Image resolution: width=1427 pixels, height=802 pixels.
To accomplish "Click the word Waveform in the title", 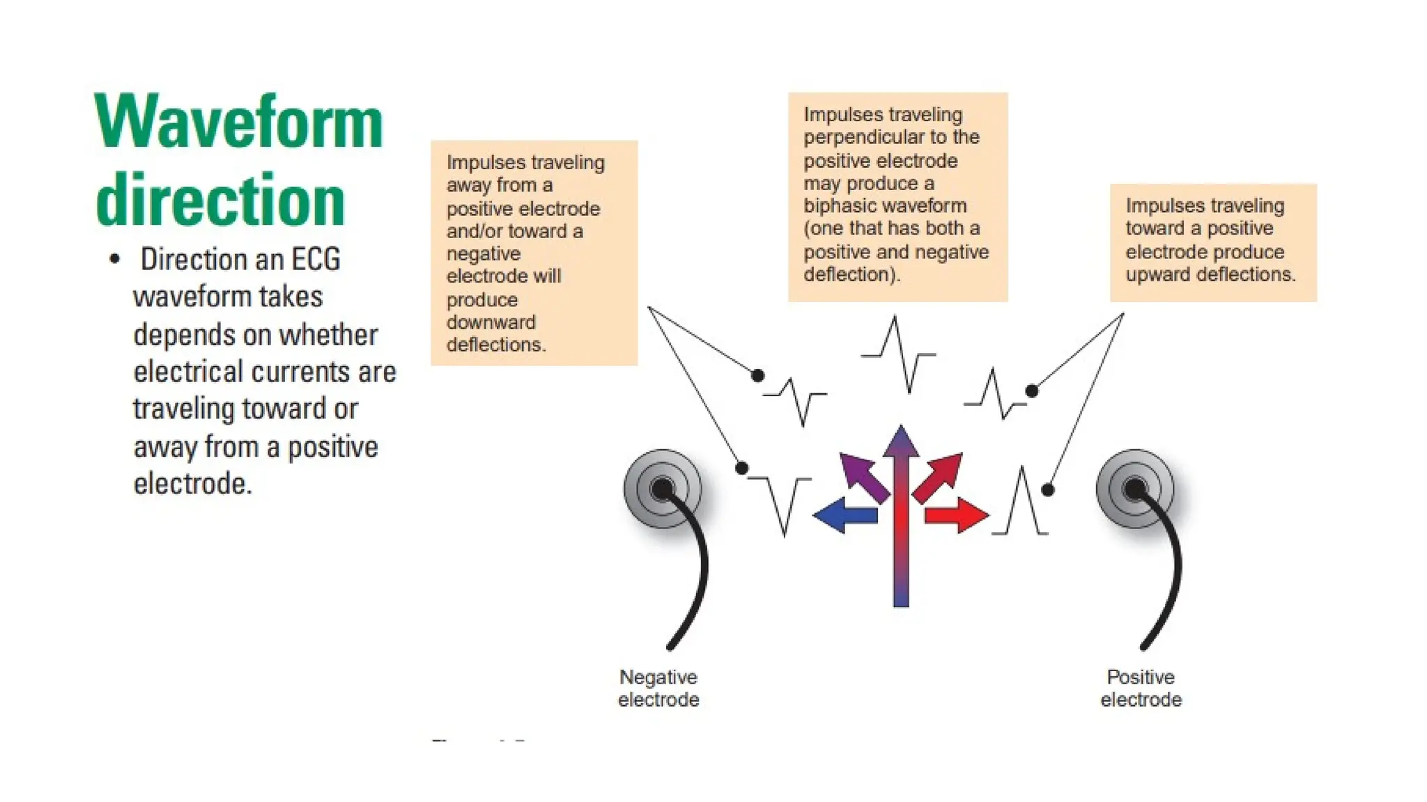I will click(238, 123).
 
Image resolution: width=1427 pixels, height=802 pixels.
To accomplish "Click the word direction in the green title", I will click(220, 200).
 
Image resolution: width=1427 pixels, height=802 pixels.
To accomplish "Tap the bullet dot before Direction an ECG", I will click(115, 260).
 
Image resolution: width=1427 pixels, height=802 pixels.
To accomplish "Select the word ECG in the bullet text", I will click(316, 260).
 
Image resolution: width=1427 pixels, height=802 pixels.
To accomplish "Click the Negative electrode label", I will click(658, 688).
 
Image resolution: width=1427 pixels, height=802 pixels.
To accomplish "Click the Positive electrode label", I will click(1141, 688).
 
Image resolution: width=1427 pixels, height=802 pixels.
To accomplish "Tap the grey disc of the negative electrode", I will click(662, 489).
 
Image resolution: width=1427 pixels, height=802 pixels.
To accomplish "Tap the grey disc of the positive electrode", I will click(1134, 489).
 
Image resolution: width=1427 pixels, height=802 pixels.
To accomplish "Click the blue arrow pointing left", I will click(844, 515).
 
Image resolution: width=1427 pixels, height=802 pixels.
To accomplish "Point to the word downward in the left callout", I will click(491, 322).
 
